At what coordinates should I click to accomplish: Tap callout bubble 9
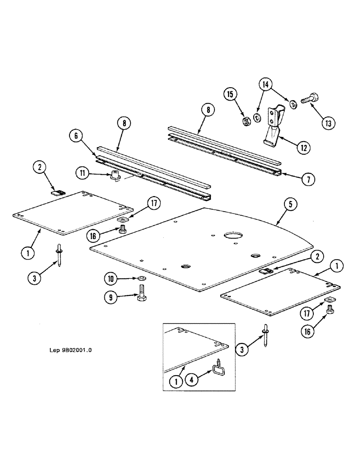pos(110,298)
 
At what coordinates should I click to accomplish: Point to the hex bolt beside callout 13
pos(308,100)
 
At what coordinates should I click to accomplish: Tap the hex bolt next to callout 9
pos(141,297)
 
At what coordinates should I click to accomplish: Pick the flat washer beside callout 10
pos(141,279)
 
